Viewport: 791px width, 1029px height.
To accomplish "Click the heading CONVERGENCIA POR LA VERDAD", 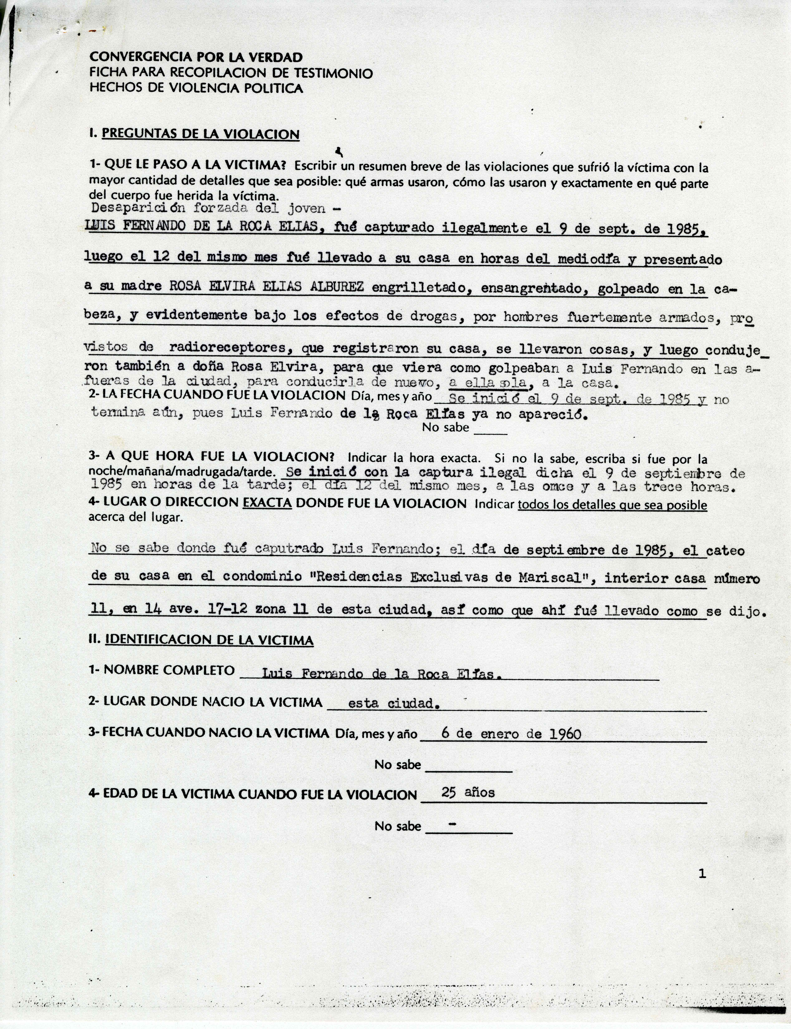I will tap(196, 58).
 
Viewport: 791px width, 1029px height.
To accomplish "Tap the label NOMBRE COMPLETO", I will tap(168, 670).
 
